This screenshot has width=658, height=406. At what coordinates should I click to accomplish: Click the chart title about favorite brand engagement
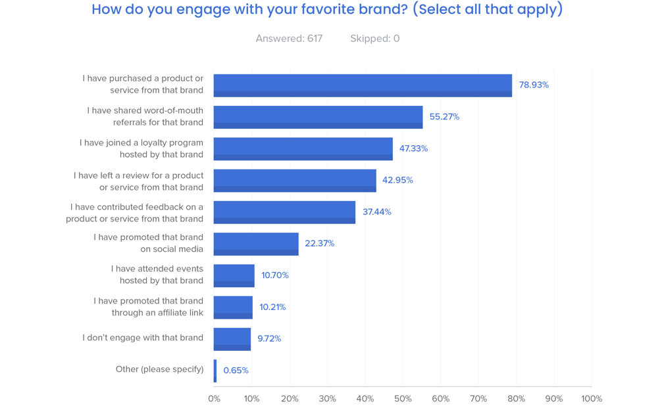tap(327, 10)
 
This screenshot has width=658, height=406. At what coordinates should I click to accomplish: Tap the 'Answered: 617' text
tap(289, 39)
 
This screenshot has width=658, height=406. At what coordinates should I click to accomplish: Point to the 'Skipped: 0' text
tap(374, 39)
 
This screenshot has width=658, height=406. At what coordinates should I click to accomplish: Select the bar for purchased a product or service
tap(363, 85)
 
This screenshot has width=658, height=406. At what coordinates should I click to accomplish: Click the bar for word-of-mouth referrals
tap(318, 117)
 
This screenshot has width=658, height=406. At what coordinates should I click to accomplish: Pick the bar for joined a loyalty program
tap(303, 148)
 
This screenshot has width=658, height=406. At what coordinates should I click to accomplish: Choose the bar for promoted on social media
tap(256, 244)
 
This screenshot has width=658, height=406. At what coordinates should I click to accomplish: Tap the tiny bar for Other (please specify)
tap(215, 371)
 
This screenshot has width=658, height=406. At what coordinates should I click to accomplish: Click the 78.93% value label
tap(534, 85)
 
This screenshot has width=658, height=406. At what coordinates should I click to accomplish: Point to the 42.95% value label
tap(397, 180)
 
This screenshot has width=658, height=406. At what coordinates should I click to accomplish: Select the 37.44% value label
tap(376, 212)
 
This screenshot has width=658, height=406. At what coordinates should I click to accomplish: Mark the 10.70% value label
tap(275, 275)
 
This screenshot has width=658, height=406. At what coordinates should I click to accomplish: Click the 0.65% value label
tap(236, 371)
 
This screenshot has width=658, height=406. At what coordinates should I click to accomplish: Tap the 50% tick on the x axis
tap(403, 399)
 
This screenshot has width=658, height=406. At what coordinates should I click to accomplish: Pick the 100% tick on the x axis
tap(592, 399)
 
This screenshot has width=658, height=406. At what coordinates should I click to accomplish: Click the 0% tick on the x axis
tap(214, 399)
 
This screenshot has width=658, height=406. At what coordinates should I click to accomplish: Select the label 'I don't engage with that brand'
tap(143, 338)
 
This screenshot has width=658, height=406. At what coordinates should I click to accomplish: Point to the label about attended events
tap(157, 275)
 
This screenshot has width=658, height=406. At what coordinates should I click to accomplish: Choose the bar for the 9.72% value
tap(232, 339)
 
